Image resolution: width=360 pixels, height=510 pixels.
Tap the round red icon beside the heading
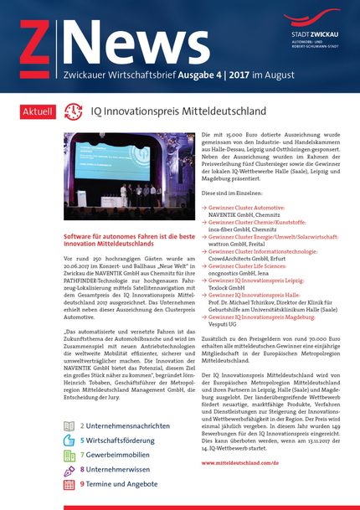(x=74, y=111)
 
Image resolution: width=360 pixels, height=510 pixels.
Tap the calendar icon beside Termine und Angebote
(x=69, y=484)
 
